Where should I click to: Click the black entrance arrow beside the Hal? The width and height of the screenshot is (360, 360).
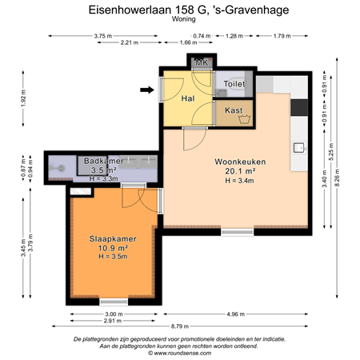pos(146,90)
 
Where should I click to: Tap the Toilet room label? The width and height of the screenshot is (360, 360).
pos(234,83)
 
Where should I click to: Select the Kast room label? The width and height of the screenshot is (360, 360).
pos(234,110)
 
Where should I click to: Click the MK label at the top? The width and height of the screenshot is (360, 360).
pos(202,62)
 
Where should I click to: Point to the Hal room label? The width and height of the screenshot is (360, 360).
pos(189,98)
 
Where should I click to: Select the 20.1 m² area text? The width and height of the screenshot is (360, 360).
pos(239,171)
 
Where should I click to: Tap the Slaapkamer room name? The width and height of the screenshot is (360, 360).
pos(113,238)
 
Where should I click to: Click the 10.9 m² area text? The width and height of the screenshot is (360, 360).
pos(113,247)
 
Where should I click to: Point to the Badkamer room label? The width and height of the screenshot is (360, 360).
pos(102,161)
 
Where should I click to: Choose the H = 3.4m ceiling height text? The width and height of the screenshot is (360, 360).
pos(239,181)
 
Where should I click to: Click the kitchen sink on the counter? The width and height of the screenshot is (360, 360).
pos(299,147)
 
